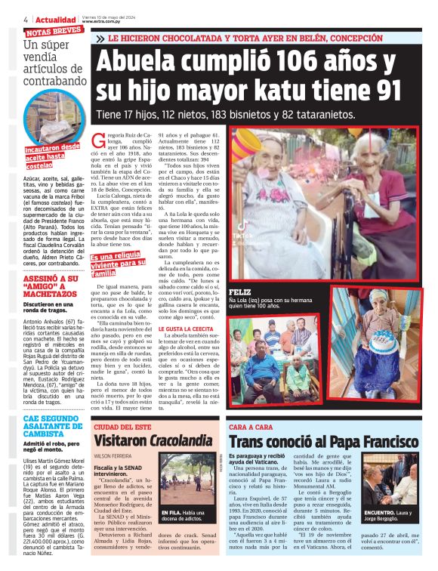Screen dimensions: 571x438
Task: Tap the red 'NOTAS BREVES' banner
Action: click(54, 32)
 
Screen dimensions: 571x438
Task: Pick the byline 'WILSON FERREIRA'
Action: click(113, 455)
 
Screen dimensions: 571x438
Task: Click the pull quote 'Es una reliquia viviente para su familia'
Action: click(117, 264)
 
